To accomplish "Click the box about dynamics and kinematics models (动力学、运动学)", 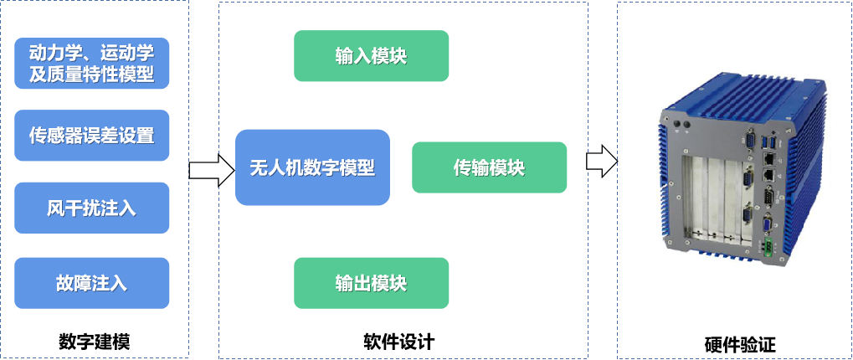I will (92, 63).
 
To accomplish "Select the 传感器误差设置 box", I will (92, 135).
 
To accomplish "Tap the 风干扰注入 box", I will (92, 208).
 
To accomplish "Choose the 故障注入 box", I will (92, 282).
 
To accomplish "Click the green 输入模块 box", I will (371, 56).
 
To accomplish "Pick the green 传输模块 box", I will (489, 167).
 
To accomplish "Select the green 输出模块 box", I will (371, 282).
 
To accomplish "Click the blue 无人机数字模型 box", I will (312, 167).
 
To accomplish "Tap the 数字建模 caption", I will (94, 342).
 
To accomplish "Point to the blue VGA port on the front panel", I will (767, 223).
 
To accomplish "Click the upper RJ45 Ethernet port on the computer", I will (768, 158).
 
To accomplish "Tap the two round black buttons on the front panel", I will (681, 124).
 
